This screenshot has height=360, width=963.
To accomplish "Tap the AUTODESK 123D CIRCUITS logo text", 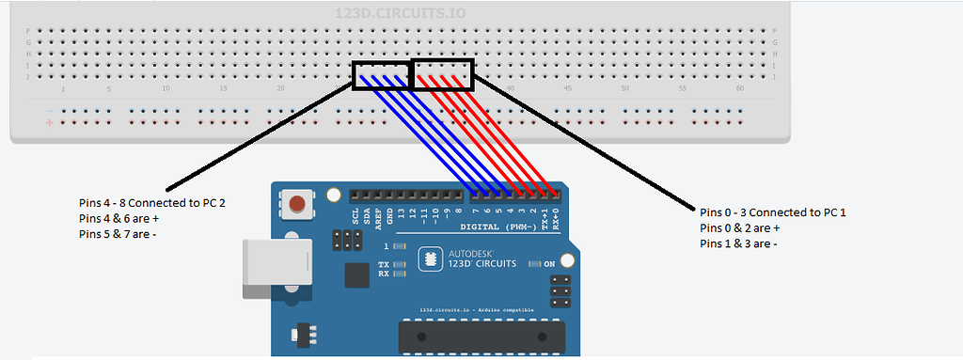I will click(479, 258).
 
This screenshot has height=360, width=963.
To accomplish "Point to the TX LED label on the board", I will click(384, 265).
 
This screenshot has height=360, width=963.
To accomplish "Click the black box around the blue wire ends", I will click(383, 76).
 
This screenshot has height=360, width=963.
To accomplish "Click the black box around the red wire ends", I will click(444, 76).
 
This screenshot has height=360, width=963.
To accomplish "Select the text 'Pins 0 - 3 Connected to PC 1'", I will click(773, 212).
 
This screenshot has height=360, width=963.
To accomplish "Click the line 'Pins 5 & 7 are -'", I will click(118, 234).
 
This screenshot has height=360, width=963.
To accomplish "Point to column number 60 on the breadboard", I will click(740, 88).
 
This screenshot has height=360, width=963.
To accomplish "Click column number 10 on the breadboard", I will click(166, 88).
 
